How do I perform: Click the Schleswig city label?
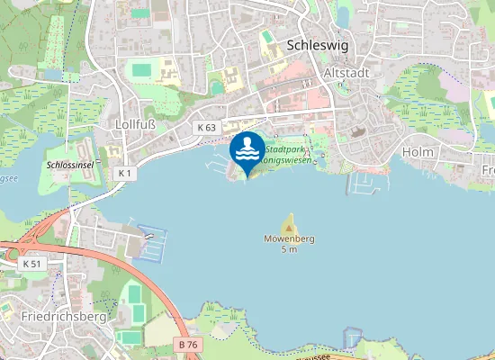[317, 44]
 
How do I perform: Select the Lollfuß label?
[136, 123]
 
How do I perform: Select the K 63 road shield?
[206, 128]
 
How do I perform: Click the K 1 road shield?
[124, 171]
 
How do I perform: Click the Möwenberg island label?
[289, 238]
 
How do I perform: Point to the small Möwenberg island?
[290, 223]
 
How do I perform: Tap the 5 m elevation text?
[289, 249]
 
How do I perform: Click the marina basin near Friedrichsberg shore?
[151, 240]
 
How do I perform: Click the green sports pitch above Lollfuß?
[141, 68]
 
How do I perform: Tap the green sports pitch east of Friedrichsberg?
[133, 294]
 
